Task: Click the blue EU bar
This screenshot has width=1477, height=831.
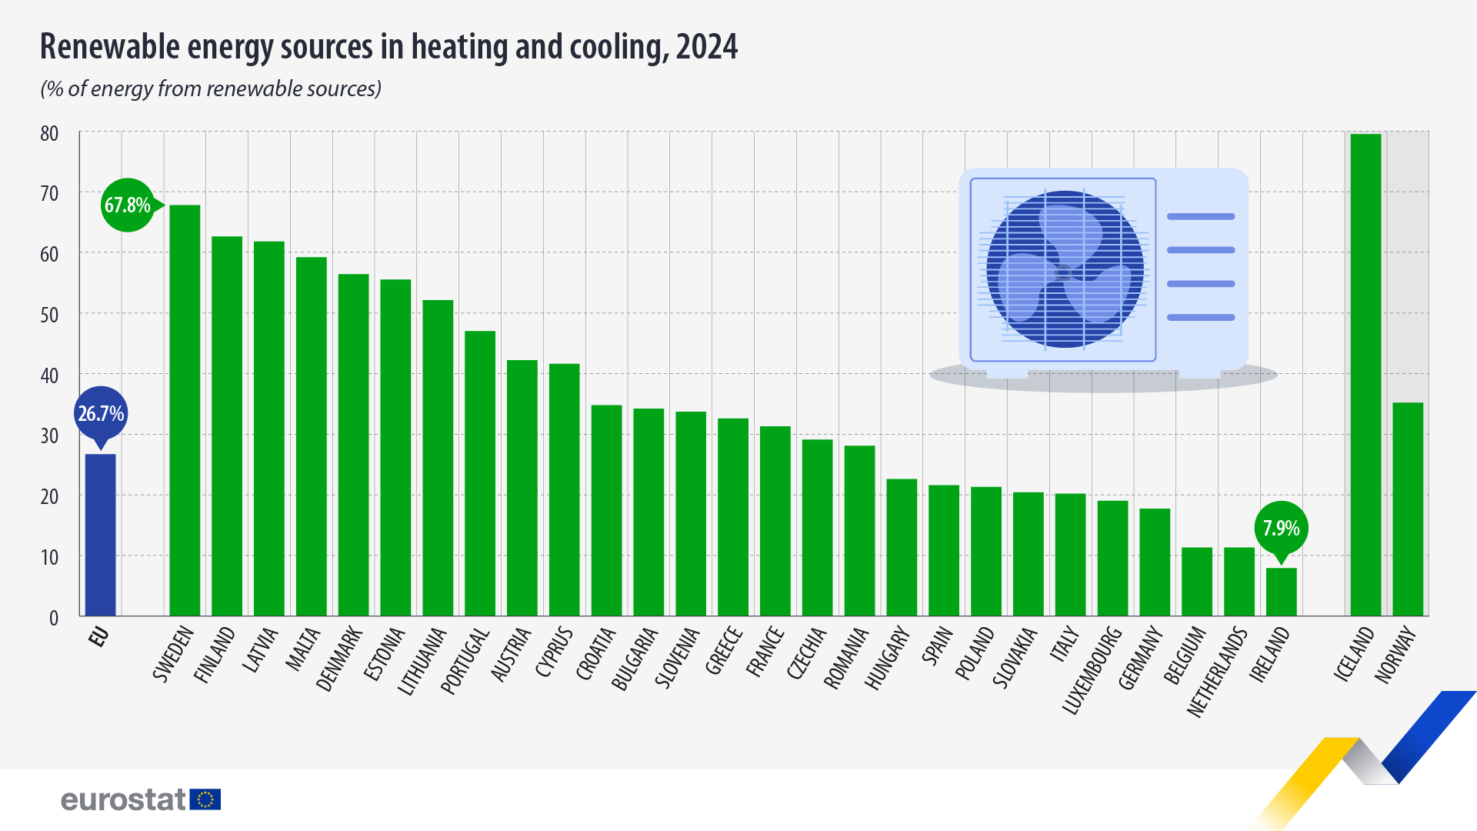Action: coord(100,535)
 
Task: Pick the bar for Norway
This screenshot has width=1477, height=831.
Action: coord(1408,509)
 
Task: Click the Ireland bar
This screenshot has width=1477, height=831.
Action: coord(1281,592)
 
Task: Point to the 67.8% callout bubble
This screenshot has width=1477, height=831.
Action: coord(128,205)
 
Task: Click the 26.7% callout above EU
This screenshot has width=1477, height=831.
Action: coord(101,414)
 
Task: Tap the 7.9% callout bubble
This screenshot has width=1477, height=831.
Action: coord(1281,528)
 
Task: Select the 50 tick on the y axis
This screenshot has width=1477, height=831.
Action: coord(49,315)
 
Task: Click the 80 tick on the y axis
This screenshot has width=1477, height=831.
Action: coord(49,134)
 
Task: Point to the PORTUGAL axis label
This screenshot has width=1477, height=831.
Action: coord(465,661)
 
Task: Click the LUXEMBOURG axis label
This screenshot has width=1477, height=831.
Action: coord(1092,670)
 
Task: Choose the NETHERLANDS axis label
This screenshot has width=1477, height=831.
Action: coord(1217,672)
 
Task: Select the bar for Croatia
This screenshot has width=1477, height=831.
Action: coord(606,510)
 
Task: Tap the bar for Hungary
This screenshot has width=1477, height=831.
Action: coord(902,547)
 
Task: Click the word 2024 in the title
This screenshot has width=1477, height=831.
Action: coord(706,47)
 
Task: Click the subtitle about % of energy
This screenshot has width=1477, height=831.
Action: coord(211,89)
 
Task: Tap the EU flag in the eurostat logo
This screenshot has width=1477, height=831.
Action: coord(205,799)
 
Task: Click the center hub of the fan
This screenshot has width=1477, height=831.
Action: coord(1063,272)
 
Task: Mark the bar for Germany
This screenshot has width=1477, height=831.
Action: coord(1155,562)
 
